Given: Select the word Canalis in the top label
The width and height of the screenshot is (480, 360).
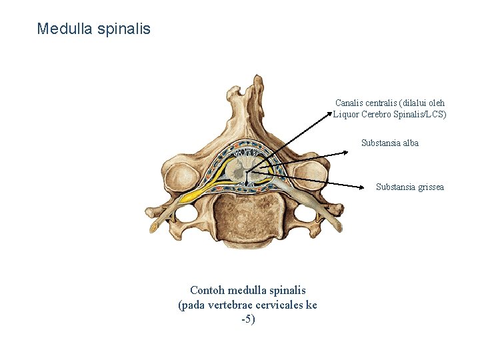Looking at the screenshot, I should point(349,103).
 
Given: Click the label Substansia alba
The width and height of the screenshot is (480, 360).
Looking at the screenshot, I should point(389,143).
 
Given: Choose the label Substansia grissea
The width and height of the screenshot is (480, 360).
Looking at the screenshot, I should point(409,187).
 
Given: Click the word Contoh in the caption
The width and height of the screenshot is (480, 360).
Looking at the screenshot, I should point(207,290).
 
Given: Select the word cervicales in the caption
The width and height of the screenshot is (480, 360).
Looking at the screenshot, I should point(268,305).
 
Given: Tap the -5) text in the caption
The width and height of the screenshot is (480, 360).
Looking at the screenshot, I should point(248,319).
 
